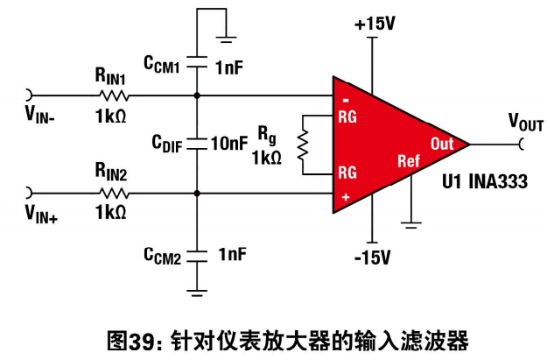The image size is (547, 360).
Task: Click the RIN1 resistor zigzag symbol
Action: pos(114,95)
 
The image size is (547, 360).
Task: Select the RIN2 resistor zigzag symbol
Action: pos(114,193)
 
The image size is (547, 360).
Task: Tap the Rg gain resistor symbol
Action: pos(303,145)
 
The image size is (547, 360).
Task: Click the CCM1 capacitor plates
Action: pos(197,61)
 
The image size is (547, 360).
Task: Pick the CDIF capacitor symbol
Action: pos(197,144)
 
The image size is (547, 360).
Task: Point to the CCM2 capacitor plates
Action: pos(197,256)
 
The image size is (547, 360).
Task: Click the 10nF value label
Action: pos(229,144)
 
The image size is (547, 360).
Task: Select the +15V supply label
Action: pos(375,25)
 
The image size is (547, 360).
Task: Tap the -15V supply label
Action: pos(372,258)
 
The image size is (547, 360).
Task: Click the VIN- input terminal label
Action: pos(39,115)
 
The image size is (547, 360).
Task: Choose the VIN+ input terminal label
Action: pos(41,214)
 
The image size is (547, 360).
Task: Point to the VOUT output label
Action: pos(526,123)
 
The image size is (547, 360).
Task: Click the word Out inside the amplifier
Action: pos(442,144)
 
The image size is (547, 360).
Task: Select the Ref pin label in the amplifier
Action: pos(409,161)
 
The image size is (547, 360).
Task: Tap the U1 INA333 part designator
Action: pos(485,181)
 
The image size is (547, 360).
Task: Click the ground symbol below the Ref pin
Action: pos(411,225)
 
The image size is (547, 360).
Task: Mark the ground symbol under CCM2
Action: pos(197,293)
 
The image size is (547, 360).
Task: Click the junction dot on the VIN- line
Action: pos(197,95)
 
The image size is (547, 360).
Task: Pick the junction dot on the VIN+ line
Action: pos(197,193)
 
